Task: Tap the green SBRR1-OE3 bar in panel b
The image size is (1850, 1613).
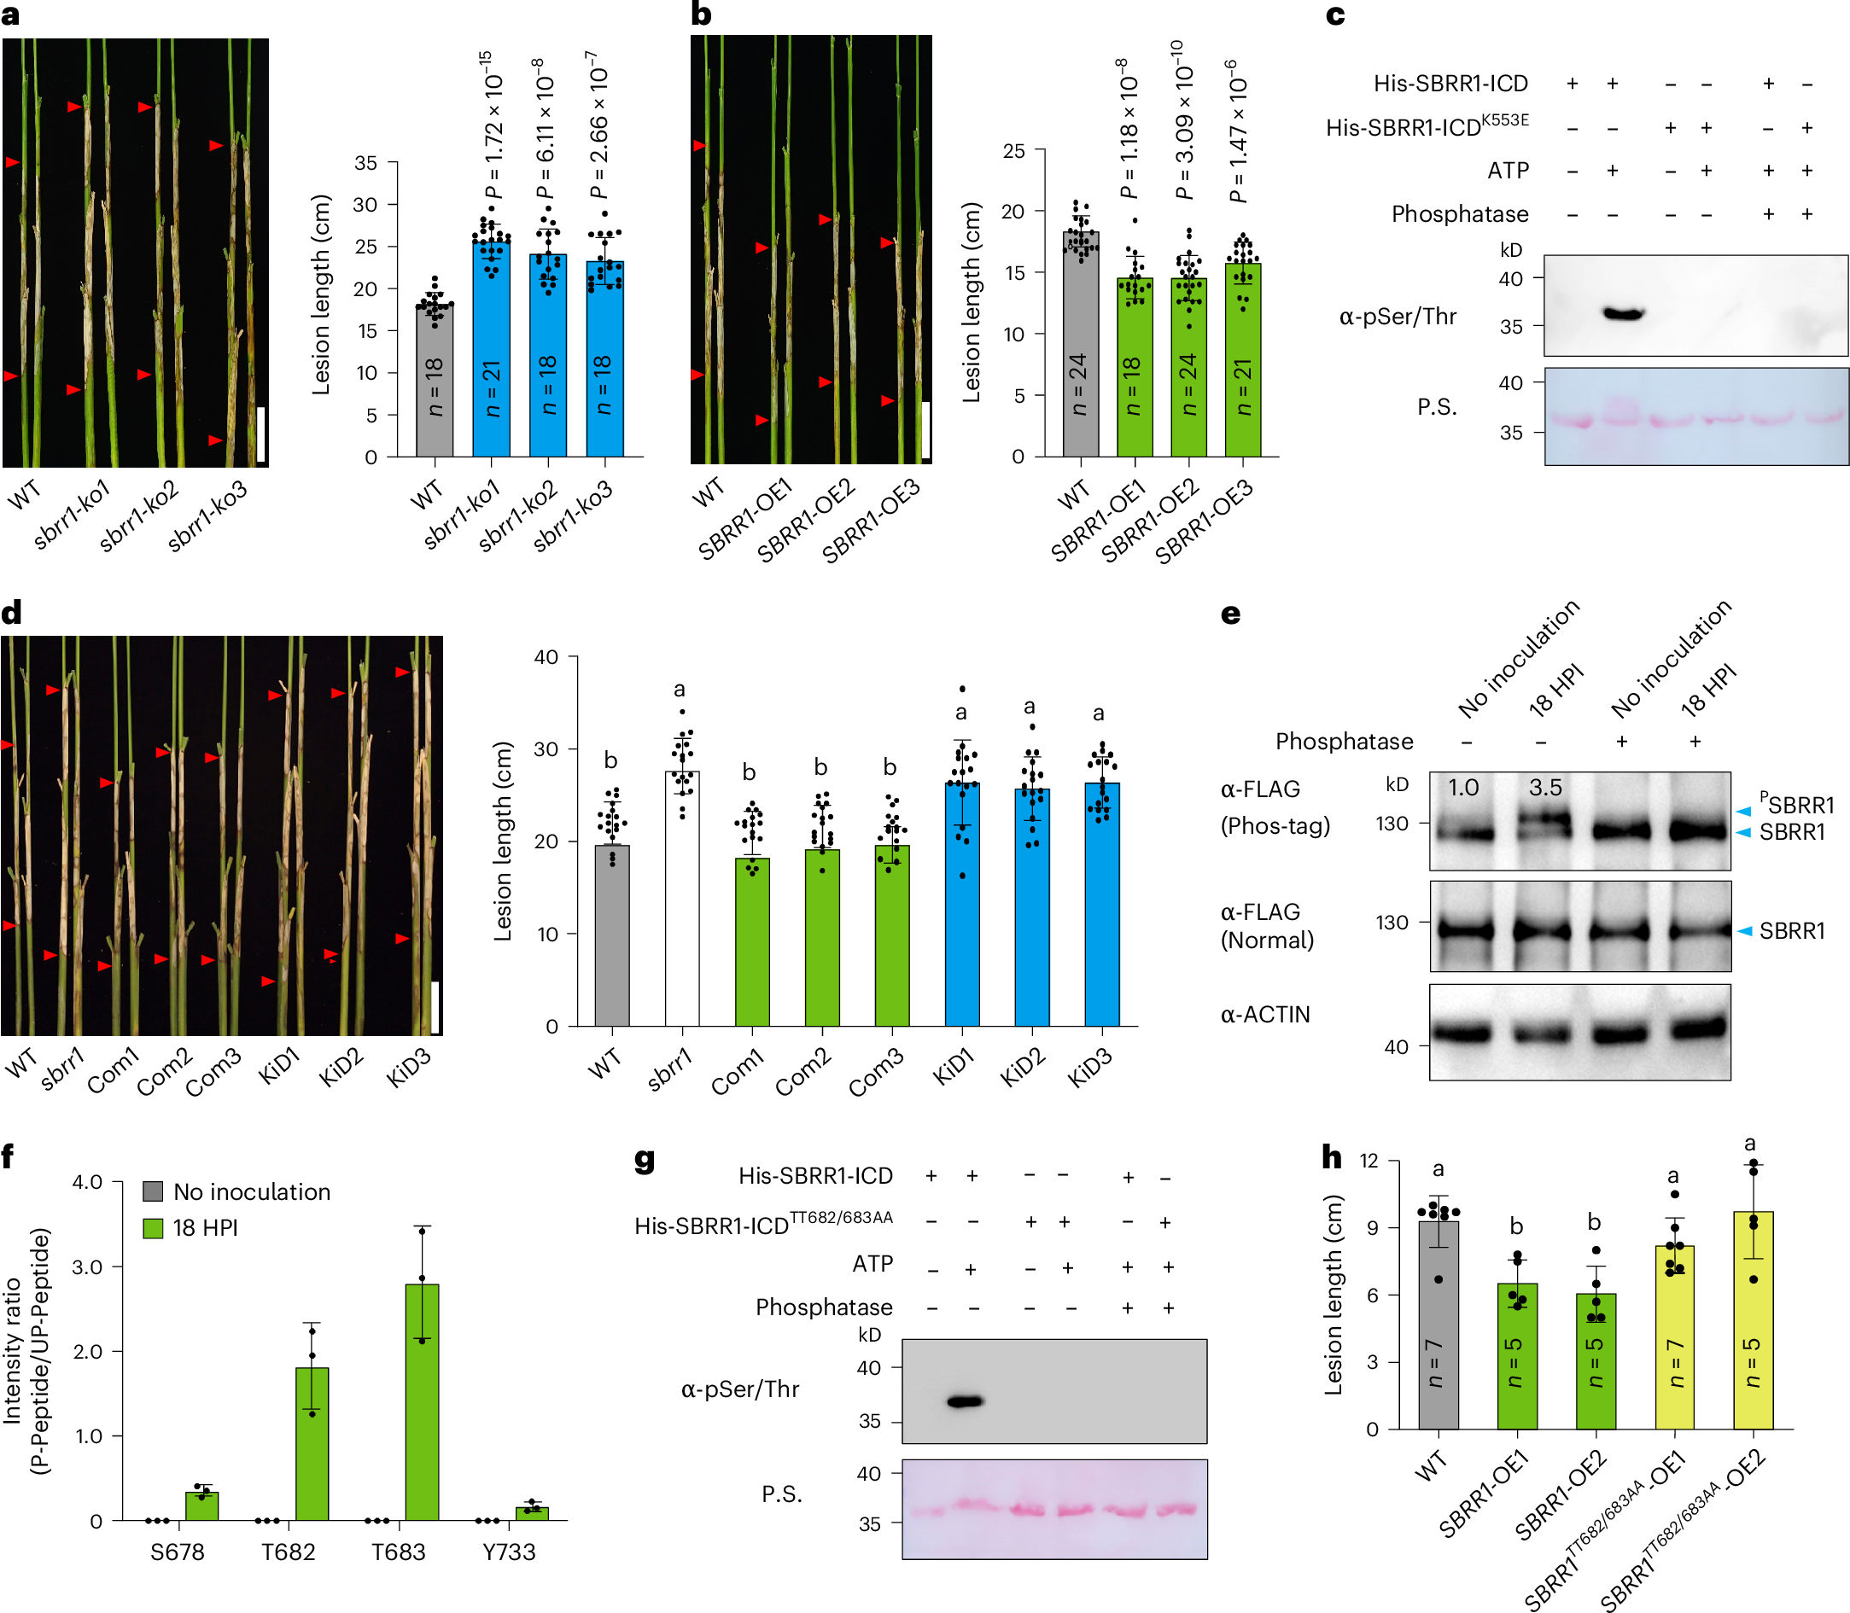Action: point(1242,360)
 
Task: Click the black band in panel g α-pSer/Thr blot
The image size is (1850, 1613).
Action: point(965,1401)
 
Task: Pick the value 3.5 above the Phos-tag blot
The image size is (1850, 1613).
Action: point(1545,788)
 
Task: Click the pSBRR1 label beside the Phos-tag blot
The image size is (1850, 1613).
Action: point(1796,804)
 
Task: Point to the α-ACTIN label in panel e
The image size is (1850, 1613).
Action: point(1265,1015)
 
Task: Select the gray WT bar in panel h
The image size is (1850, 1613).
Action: point(1438,1324)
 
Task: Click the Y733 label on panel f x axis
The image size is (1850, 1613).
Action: point(509,1552)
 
